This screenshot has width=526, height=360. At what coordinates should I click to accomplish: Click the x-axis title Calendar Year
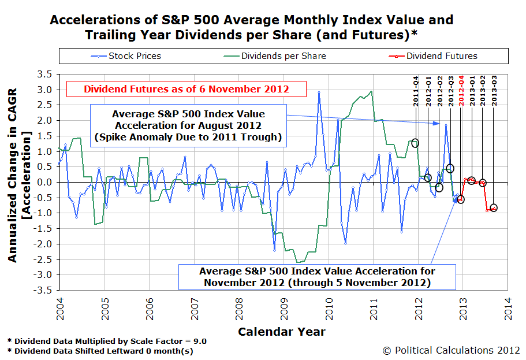(x=281, y=332)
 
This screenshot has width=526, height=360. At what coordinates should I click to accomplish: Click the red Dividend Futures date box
(x=186, y=89)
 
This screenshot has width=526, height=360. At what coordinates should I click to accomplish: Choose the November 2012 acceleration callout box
(x=317, y=276)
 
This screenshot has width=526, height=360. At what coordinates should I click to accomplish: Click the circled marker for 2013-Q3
(x=494, y=208)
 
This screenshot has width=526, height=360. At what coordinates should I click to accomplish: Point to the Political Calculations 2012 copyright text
(x=451, y=350)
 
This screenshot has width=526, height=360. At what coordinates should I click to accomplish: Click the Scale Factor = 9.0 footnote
(x=107, y=341)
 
